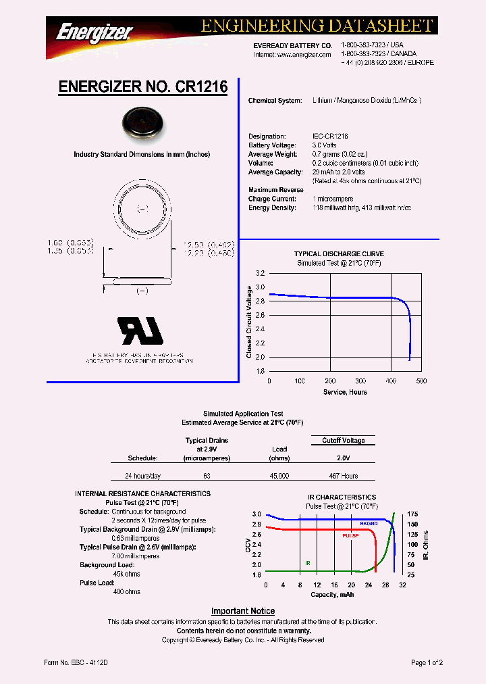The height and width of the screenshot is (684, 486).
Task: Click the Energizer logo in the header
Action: coord(94,30)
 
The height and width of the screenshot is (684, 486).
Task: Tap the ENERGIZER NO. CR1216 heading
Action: coord(143,87)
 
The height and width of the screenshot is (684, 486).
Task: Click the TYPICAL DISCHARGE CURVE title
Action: coord(339,254)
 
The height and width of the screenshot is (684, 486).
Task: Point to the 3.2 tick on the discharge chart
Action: coord(260,273)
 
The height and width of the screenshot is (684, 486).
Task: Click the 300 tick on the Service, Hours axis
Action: coord(360,381)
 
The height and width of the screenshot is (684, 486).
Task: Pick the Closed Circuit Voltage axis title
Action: coord(249,322)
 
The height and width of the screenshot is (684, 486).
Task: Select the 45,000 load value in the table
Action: coord(279,476)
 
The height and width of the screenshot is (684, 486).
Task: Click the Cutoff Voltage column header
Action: coord(343,441)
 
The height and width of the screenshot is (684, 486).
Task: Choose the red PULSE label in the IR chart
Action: coord(350,535)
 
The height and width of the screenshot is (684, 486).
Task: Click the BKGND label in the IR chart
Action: coord(369,524)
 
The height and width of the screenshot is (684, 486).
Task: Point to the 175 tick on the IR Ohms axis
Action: coord(412,514)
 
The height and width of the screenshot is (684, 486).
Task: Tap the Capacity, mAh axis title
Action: coord(332,595)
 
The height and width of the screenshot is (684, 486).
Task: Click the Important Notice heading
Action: coord(243,611)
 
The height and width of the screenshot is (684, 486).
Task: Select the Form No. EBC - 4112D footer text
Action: coord(74,663)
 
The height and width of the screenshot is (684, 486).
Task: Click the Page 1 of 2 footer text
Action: coord(427,663)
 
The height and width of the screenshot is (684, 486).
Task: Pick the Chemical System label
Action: coord(275,101)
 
